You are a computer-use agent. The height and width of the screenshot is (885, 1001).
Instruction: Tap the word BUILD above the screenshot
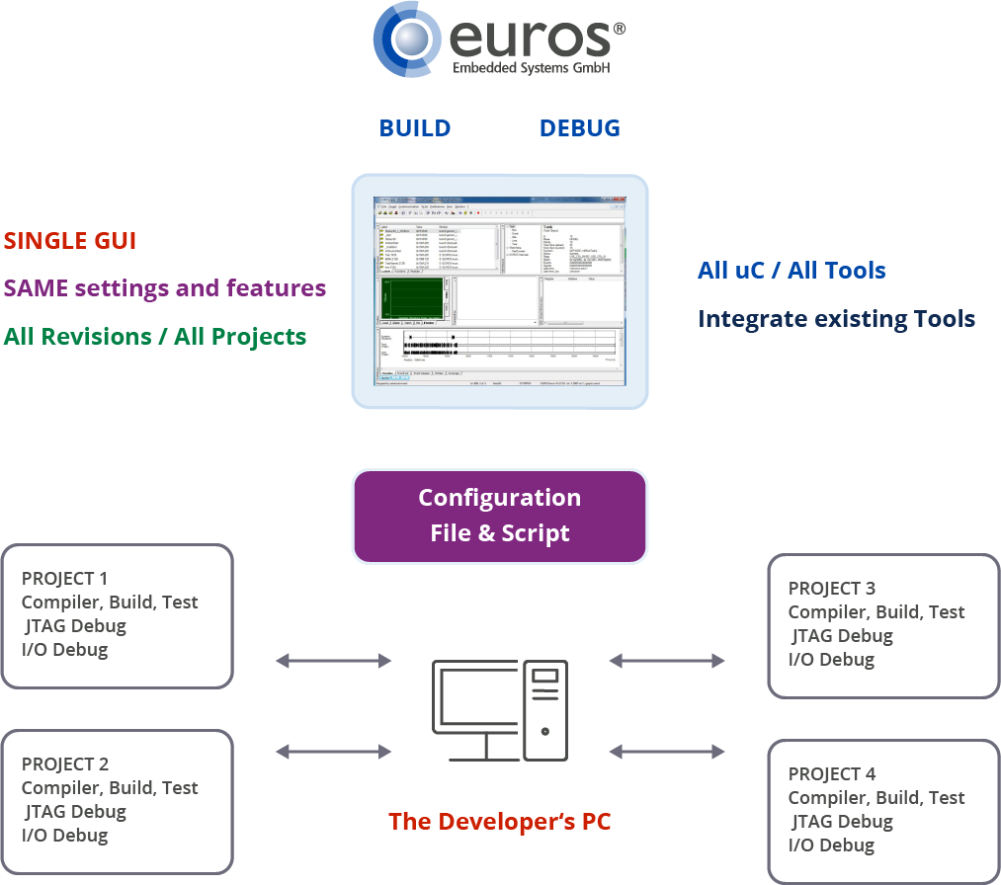coord(415,128)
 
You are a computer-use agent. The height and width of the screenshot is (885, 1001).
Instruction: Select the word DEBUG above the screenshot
coord(580,128)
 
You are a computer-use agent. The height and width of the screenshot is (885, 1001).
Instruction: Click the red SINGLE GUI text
coord(70,241)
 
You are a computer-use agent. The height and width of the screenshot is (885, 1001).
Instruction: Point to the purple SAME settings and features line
coord(165,288)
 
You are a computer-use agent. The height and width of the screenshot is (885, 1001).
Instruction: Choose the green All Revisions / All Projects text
coord(155,337)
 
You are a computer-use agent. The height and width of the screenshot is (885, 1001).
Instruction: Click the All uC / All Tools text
coord(792,271)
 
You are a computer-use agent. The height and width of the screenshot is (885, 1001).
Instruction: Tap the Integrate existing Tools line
coord(836,319)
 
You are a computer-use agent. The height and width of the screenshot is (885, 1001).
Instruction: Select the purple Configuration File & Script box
coord(499,516)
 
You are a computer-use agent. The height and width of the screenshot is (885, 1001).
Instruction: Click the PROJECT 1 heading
coord(65,579)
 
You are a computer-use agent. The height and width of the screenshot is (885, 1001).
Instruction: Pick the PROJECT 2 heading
coord(65,764)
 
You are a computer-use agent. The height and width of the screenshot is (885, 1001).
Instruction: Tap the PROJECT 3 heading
coord(832,589)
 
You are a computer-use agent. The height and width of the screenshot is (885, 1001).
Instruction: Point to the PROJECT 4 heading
coord(832,774)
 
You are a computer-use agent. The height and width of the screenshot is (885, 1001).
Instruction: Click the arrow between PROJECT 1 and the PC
coord(334,661)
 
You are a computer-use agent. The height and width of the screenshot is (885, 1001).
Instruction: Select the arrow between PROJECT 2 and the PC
coord(334,752)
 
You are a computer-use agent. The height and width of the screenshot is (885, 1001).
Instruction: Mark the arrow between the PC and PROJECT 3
coord(668,661)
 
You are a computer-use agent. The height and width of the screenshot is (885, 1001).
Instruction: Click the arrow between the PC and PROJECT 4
coord(668,752)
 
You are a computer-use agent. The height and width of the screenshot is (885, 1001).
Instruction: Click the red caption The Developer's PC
coord(499,822)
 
